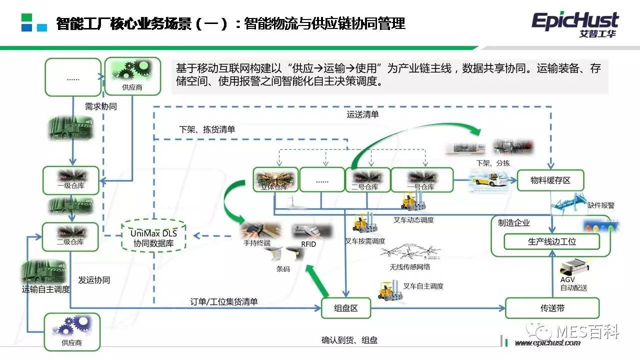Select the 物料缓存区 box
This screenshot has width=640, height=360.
tap(550, 180)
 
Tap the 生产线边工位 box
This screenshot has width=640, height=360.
tap(551, 241)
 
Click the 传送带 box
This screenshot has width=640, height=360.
tap(552, 308)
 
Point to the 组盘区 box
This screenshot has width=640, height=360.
tap(346, 308)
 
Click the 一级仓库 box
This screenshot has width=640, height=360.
tap(70, 180)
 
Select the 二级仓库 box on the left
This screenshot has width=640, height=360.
tap(70, 236)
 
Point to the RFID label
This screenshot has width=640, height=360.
tap(308, 244)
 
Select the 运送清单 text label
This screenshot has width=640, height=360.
tap(363, 114)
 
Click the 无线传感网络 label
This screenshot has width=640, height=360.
tap(410, 266)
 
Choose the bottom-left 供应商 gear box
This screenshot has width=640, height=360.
tap(72, 331)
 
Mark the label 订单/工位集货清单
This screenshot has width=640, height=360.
tap(224, 301)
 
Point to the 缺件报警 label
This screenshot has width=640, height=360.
tap(601, 205)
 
